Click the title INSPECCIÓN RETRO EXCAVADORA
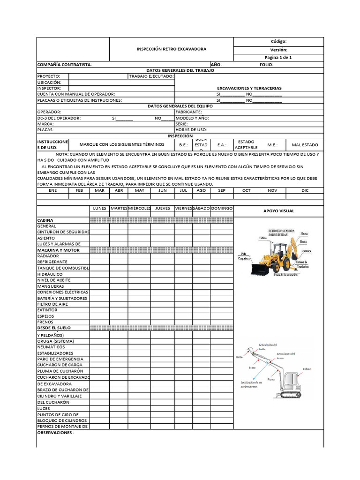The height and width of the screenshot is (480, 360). point(171,49)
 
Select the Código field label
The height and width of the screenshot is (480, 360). point(278,41)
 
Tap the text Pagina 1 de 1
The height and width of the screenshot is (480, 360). point(278,57)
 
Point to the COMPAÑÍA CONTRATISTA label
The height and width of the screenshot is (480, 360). point(64,65)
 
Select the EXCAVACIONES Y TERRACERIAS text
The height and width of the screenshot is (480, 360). point(249,88)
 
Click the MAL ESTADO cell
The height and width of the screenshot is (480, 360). point(305,145)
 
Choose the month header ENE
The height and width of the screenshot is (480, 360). point(52,191)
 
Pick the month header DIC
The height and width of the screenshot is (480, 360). point(305,191)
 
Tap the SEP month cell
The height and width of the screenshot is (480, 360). point(222,191)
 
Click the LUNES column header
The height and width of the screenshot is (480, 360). point(99,208)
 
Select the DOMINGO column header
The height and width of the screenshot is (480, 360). point(222,208)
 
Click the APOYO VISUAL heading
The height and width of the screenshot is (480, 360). point(278,211)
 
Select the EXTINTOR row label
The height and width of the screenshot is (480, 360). point(47,310)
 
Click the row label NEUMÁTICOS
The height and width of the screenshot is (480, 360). point(50,347)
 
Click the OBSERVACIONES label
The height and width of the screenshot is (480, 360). point(55,433)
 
